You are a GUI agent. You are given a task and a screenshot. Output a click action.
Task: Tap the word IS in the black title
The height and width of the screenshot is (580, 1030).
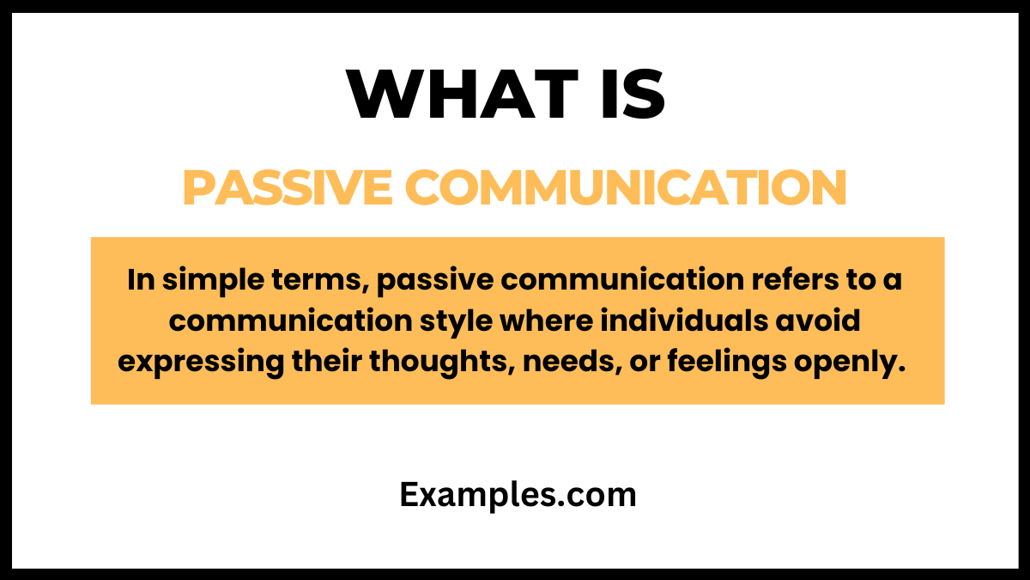(631, 94)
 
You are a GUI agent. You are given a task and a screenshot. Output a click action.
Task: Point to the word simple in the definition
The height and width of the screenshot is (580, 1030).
(207, 281)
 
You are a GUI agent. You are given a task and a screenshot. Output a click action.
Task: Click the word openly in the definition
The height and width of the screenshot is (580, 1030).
(850, 362)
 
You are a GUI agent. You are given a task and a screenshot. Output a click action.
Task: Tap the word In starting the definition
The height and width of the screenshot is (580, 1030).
(139, 281)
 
